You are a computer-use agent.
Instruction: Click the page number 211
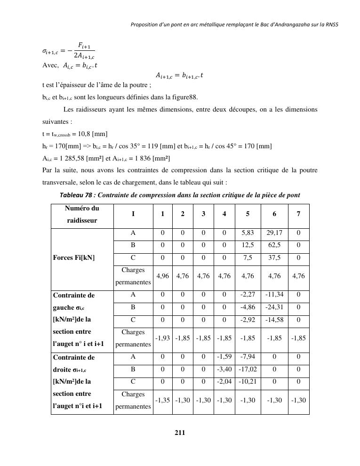pos(180,433)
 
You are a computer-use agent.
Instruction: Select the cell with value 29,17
pos(274,233)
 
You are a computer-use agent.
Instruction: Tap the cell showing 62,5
pos(274,245)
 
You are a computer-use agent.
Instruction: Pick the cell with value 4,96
pos(162,276)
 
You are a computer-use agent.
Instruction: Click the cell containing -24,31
pos(274,307)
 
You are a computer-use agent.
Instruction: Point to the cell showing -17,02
pos(248,370)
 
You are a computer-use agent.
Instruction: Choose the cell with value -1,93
pos(162,338)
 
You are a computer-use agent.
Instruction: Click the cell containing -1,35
pos(162,401)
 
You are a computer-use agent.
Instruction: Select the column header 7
pos(298,214)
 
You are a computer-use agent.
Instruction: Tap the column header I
pos(133,214)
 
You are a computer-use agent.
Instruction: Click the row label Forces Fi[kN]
pos(74,257)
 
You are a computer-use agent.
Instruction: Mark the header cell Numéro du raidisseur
pos(82,214)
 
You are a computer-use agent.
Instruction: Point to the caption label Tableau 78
pos(77,195)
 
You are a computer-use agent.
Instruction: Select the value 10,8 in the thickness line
pos(87,134)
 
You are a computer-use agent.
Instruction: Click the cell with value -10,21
pos(248,382)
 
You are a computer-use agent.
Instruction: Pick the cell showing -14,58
pos(274,320)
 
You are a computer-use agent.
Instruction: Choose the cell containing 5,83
pos(248,233)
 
